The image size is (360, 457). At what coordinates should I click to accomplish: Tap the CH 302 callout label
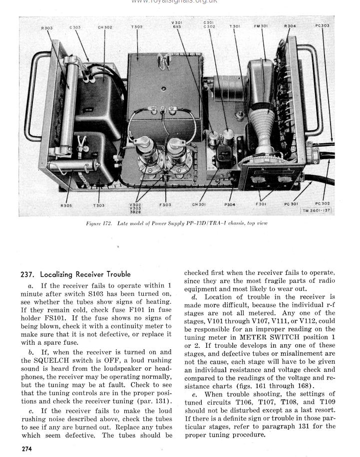105,27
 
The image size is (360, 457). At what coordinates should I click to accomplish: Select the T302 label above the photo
136,27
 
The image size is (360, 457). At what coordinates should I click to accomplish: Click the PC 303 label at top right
323,26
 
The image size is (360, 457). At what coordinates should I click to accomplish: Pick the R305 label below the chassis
66,205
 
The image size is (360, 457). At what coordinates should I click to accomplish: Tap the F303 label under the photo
165,205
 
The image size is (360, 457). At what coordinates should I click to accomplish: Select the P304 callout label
230,204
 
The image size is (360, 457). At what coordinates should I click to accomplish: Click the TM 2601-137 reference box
317,211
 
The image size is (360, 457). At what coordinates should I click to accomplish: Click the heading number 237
27,274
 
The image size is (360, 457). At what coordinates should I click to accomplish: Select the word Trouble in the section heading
115,274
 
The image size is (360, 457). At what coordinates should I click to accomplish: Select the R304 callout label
290,26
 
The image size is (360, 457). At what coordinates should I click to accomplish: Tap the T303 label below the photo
99,205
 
